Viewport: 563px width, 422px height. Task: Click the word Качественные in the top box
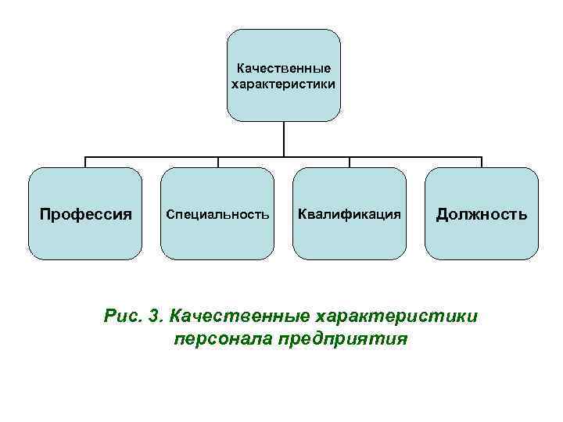coord(284,68)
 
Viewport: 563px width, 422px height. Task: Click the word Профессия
coord(85,213)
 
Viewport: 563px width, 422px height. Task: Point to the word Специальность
coord(217,213)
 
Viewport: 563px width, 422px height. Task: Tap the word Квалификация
coord(350,213)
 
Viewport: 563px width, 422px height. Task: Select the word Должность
coord(482,213)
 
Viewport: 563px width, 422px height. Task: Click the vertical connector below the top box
coord(284,138)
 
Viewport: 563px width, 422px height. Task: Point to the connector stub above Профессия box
coord(85,162)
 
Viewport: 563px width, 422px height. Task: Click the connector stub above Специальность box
coord(217,162)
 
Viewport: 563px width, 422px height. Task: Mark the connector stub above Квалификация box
coord(350,162)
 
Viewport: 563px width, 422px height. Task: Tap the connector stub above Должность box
coord(482,162)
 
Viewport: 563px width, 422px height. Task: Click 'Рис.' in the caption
coord(121,316)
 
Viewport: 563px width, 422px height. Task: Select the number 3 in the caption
coord(156,316)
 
